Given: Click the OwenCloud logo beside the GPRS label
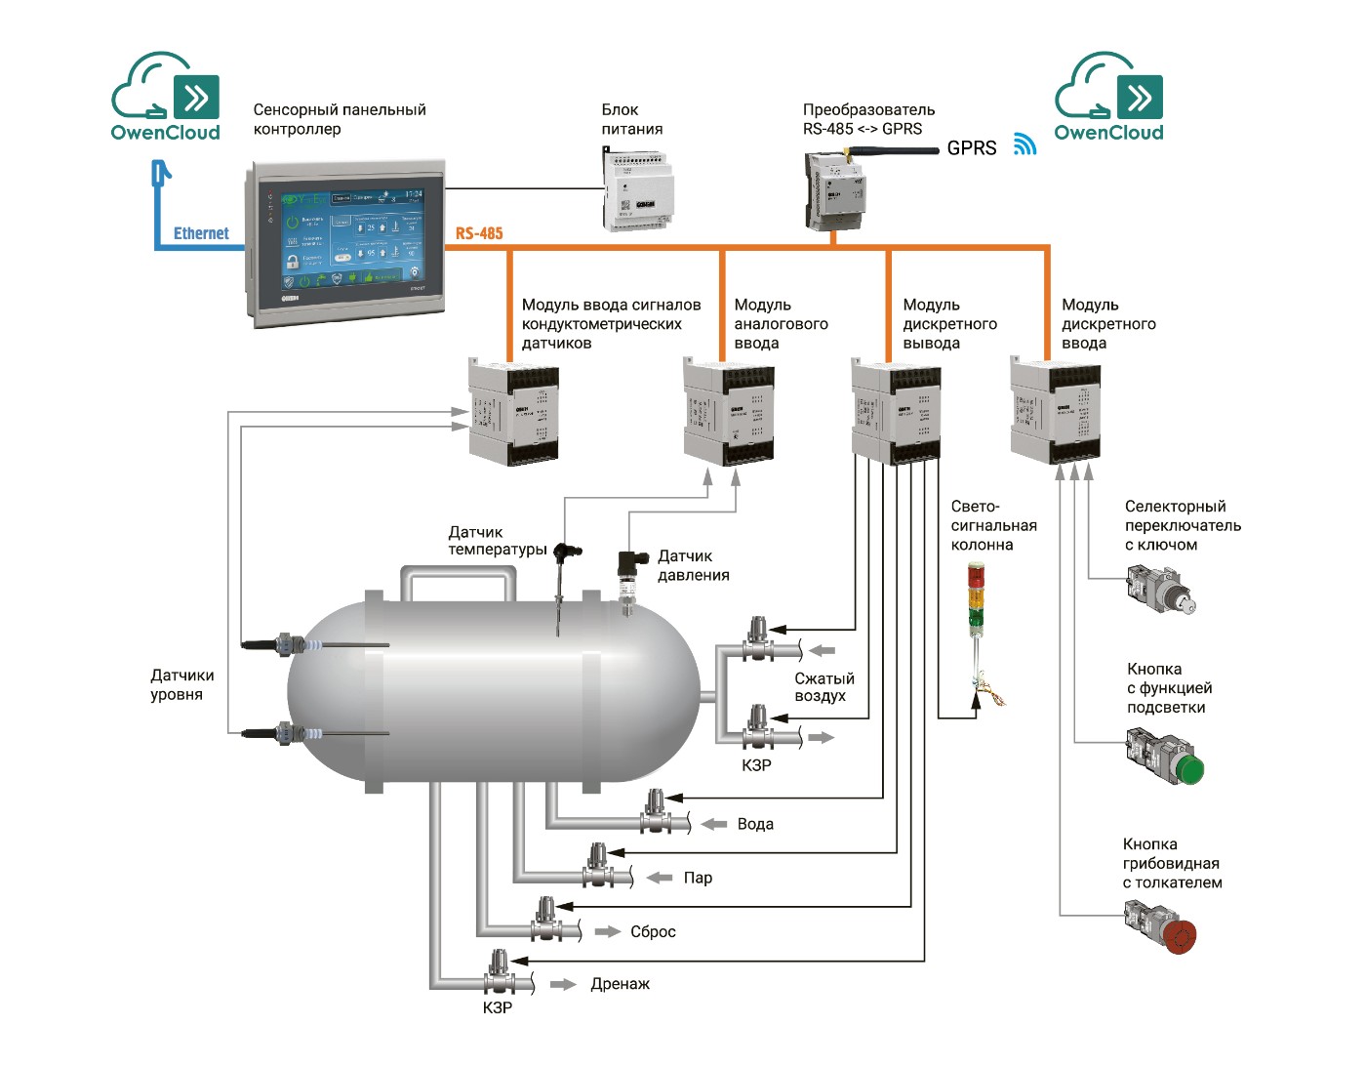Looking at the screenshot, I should (1109, 98).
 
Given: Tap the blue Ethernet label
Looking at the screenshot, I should (201, 233).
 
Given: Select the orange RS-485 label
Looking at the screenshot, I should (479, 233).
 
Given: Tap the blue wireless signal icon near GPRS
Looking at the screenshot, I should (1024, 144).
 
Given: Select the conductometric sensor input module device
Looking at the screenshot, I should (513, 411).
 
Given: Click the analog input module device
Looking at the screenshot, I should (728, 411).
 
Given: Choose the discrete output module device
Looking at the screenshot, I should (896, 411).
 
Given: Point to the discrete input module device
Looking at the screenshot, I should (1056, 411).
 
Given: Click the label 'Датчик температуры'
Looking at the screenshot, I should (497, 541).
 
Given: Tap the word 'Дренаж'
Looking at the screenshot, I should (620, 984).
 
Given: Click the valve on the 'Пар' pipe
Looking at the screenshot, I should (598, 868).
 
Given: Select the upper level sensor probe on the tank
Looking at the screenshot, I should (293, 645).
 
